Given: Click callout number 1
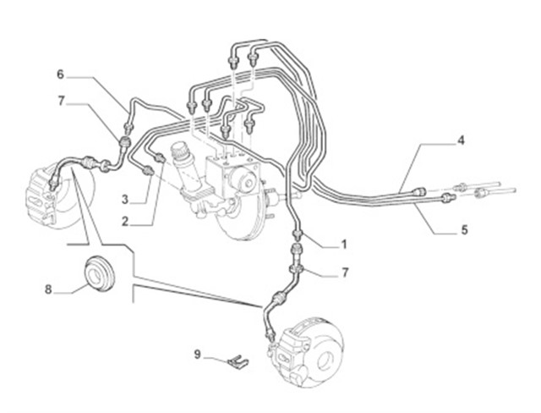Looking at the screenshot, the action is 343,245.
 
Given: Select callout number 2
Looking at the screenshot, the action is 125,222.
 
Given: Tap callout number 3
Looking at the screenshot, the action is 125,199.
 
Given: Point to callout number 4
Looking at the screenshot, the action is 461,140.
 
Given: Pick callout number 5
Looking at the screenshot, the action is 464,229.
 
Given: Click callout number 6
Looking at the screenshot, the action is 60,74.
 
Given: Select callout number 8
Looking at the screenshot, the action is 48,289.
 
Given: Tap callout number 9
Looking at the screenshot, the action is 197,355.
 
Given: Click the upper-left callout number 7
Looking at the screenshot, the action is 61,102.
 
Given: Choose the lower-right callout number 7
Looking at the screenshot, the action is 344,273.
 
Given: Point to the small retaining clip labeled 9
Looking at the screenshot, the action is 238,361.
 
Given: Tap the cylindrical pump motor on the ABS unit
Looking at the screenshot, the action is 244,179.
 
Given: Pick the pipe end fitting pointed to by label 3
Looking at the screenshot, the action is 148,171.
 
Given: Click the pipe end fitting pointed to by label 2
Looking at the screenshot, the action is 160,157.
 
